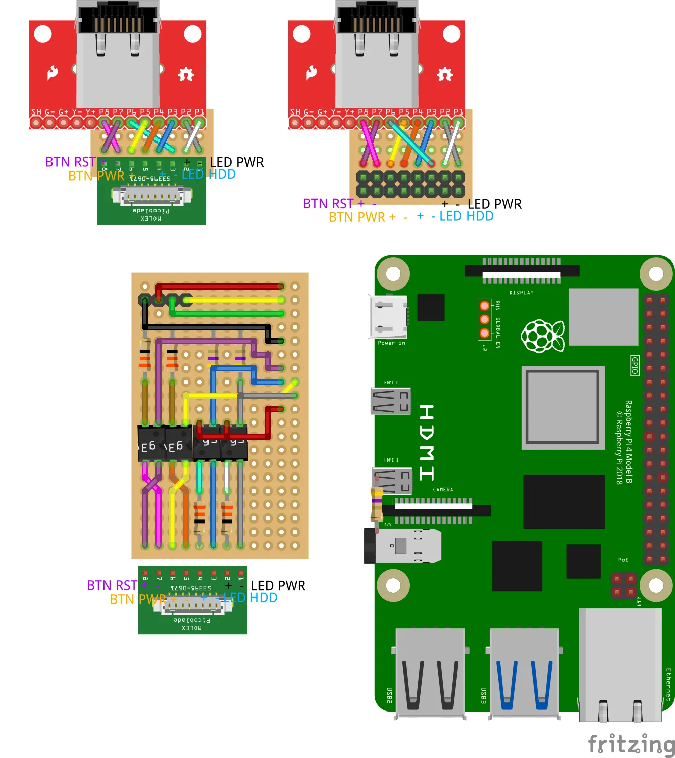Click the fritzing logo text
click(631, 744)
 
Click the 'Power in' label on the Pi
click(391, 343)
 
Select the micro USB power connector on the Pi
click(389, 317)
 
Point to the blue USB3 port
click(524, 672)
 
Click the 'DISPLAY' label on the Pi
click(522, 293)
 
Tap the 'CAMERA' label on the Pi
click(443, 490)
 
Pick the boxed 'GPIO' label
click(635, 365)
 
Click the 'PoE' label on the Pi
click(624, 560)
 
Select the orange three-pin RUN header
click(484, 319)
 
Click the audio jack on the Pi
click(402, 546)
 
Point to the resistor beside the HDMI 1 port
click(377, 504)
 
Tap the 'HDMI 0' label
click(391, 383)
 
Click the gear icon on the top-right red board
click(445, 74)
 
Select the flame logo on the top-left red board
click(53, 73)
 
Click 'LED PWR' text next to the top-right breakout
click(494, 204)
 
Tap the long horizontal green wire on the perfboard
click(227, 314)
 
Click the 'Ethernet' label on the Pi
click(668, 684)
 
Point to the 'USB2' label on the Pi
click(389, 695)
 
